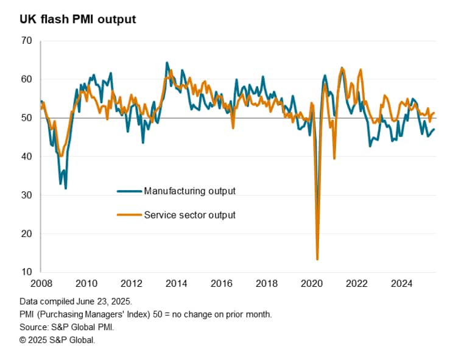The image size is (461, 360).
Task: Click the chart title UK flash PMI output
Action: (x=77, y=19)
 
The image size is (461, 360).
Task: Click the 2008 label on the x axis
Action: (x=40, y=283)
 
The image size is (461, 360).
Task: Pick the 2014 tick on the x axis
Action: (x=176, y=283)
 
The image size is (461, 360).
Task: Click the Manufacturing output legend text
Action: (x=189, y=191)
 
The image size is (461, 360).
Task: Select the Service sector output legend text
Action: (x=189, y=214)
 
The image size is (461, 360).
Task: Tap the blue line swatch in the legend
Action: (x=129, y=191)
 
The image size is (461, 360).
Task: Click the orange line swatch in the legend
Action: (x=129, y=214)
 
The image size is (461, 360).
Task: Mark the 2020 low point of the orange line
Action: (x=317, y=259)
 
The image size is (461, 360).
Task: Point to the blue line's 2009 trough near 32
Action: (x=66, y=188)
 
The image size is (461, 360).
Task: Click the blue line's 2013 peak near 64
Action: (x=167, y=63)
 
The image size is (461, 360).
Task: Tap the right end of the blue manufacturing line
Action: (x=434, y=129)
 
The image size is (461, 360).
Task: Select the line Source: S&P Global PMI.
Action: (x=66, y=327)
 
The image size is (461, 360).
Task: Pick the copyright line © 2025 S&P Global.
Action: (x=57, y=340)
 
